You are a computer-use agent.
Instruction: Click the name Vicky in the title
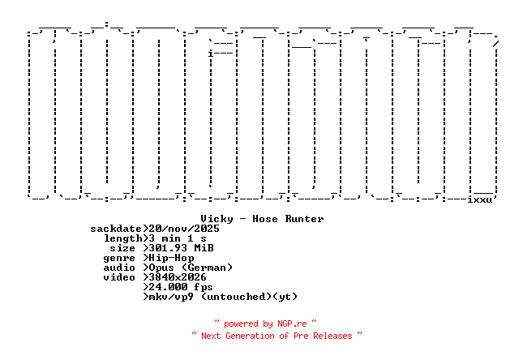click(217, 219)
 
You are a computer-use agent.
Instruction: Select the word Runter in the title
click(304, 219)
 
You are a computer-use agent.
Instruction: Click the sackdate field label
click(116, 229)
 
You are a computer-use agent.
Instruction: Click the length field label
click(122, 238)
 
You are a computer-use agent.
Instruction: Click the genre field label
click(119, 258)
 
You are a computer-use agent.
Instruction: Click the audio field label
click(119, 268)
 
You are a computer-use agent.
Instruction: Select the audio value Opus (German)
click(191, 268)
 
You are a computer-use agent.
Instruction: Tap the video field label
click(119, 277)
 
